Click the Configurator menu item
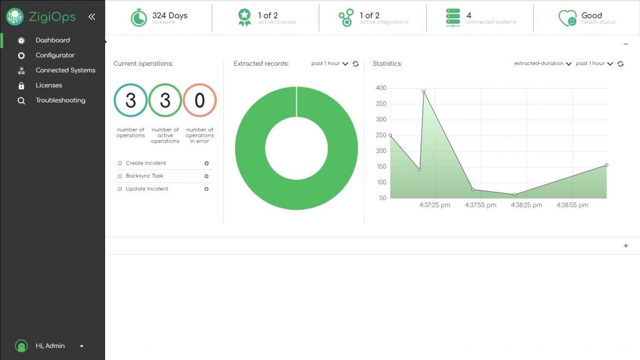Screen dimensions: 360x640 54,55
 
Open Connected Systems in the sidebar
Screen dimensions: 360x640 65,70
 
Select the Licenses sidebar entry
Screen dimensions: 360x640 49,85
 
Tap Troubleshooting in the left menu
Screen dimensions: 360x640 60,100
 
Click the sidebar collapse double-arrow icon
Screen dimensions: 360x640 92,17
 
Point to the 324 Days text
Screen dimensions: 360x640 169,15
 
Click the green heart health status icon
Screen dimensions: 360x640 567,17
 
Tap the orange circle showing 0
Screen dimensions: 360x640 199,101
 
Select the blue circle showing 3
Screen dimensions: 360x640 131,101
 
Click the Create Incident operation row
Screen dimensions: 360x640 146,163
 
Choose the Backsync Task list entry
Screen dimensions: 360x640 144,176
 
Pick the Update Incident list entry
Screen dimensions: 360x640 147,189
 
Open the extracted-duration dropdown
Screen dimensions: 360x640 542,64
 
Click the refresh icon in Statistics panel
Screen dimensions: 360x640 621,64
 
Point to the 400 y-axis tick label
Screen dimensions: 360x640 381,88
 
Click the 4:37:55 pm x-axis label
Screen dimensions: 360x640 481,205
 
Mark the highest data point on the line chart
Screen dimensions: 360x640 424,91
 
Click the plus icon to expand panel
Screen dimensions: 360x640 626,246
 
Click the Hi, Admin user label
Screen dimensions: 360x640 50,346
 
